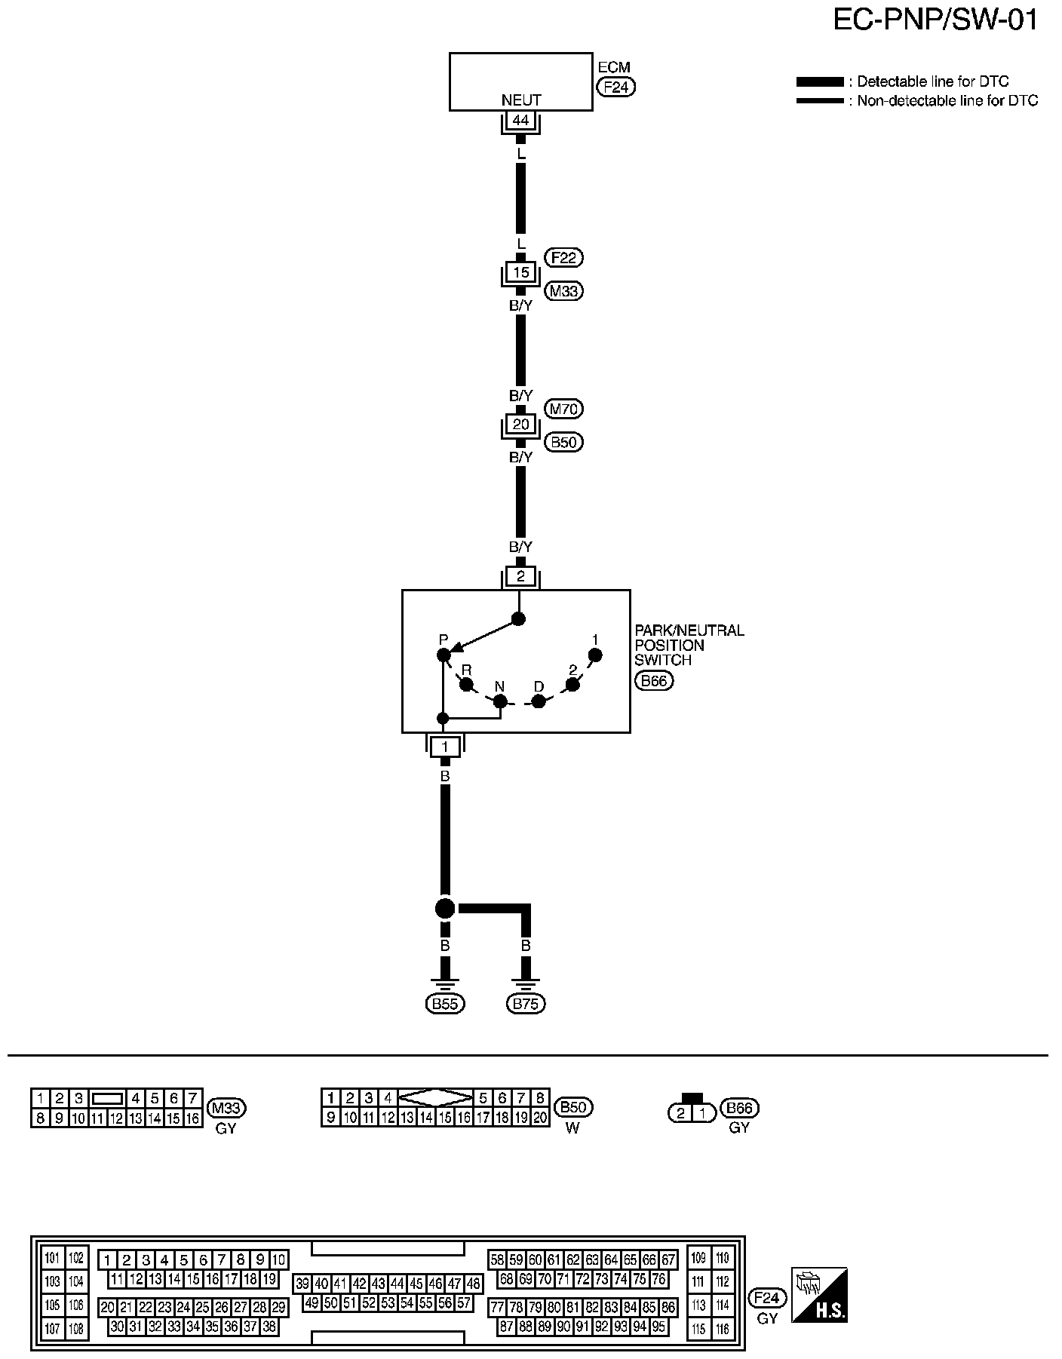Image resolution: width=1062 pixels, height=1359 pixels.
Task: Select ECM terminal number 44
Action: tap(520, 120)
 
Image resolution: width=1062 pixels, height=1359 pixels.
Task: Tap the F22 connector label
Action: tap(563, 258)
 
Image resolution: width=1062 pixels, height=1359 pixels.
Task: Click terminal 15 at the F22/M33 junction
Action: tap(520, 271)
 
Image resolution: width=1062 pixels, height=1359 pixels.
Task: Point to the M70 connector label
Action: tap(563, 409)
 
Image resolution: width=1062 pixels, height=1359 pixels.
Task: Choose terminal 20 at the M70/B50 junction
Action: tap(520, 424)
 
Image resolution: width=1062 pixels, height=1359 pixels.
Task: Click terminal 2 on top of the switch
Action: tap(520, 577)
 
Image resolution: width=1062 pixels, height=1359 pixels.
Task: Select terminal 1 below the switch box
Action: tap(445, 747)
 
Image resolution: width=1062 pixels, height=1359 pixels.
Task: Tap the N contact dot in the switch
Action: tap(500, 701)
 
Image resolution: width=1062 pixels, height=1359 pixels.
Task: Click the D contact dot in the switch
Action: tap(539, 701)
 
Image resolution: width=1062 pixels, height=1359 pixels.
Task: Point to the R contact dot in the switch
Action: tap(466, 685)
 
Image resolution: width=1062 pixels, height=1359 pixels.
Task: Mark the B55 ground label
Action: tap(445, 1003)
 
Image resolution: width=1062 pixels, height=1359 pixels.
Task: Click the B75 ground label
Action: tap(526, 1003)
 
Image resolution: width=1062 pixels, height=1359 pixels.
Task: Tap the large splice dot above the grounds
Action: tap(445, 908)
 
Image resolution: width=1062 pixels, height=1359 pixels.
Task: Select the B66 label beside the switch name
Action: tap(654, 682)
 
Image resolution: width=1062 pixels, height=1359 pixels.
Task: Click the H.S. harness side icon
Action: tap(818, 1294)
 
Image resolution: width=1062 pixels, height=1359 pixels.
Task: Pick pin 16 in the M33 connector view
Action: tap(193, 1118)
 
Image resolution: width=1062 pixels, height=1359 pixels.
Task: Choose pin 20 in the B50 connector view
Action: tap(540, 1118)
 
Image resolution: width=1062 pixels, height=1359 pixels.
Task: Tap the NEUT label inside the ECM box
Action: tap(521, 100)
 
